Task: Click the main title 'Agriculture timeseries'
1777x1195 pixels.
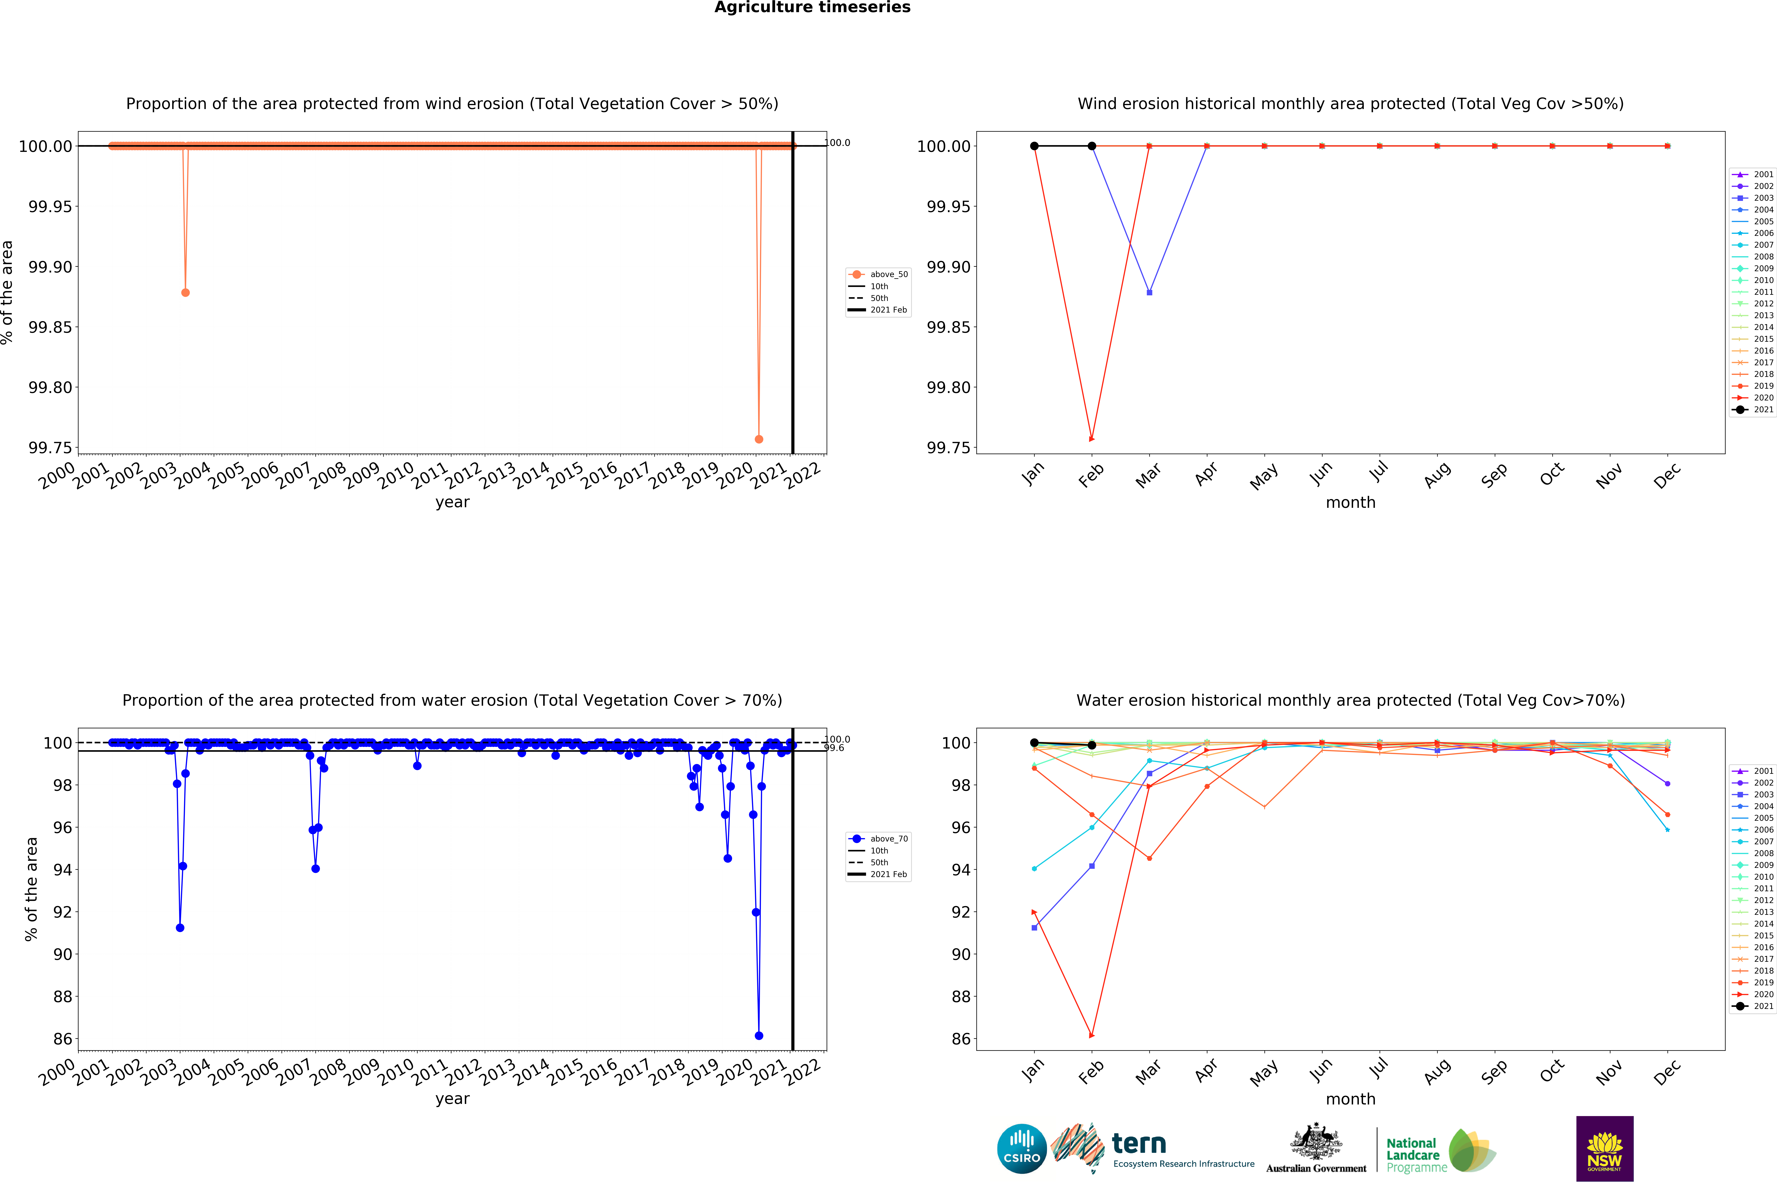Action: pos(812,8)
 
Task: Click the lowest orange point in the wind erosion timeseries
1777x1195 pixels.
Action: pos(759,439)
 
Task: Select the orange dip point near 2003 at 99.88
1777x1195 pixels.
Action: pos(185,293)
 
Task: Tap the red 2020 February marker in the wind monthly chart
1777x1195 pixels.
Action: pos(1092,439)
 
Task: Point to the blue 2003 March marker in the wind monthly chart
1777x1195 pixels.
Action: pos(1149,293)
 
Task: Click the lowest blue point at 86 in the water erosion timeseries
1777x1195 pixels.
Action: pos(759,1036)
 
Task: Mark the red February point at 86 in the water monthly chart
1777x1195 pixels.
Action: pos(1092,1036)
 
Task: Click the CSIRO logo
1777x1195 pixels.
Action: pos(1021,1148)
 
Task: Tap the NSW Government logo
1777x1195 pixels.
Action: pos(1604,1148)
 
